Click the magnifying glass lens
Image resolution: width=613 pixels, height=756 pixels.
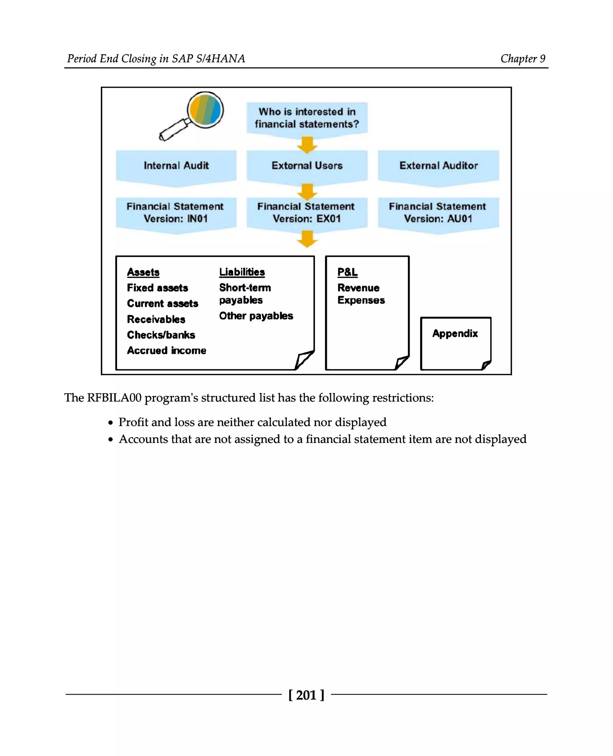click(x=206, y=110)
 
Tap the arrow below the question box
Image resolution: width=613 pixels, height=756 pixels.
click(x=307, y=145)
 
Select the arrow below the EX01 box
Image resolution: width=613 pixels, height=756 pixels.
click(x=307, y=239)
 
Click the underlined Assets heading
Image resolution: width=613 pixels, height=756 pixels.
click(x=143, y=272)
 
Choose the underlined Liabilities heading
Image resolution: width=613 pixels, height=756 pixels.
click(x=242, y=272)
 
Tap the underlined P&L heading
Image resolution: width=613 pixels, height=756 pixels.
click(x=348, y=272)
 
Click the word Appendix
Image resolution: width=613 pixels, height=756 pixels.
click(x=455, y=334)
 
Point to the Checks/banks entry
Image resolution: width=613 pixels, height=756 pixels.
click(x=161, y=335)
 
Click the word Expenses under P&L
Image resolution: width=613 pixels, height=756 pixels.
click(x=361, y=300)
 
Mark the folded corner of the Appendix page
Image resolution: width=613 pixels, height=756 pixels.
click(x=486, y=365)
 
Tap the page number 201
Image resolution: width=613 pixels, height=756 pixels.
click(x=306, y=695)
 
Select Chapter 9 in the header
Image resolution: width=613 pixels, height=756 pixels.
click(x=523, y=59)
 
